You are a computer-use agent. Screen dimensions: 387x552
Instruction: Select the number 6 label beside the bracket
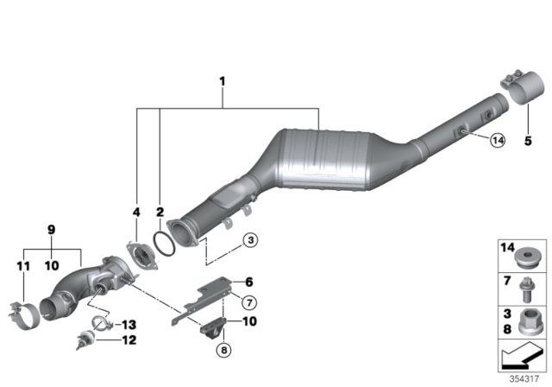(248, 282)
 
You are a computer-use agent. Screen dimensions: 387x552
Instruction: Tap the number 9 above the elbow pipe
(50, 231)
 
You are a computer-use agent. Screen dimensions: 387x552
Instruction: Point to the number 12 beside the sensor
(128, 340)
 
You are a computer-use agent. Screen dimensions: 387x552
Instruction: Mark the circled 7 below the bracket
(248, 301)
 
